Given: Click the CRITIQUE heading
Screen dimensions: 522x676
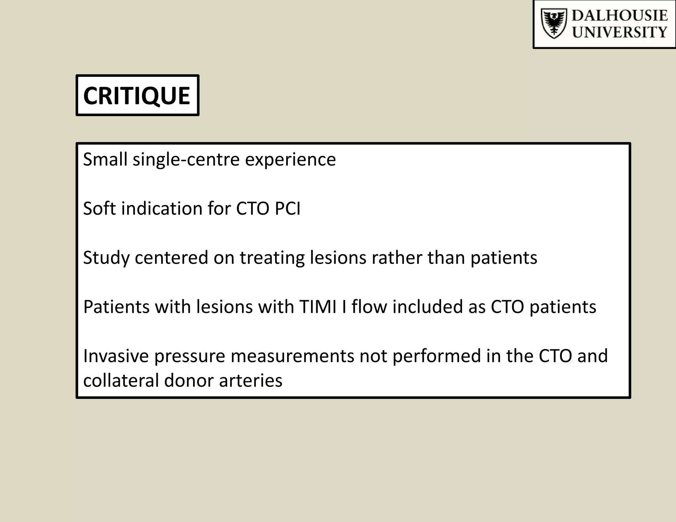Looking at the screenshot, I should click(137, 96).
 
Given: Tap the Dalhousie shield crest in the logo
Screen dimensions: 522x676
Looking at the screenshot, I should click(554, 24).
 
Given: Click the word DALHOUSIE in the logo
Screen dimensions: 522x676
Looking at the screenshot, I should click(619, 16).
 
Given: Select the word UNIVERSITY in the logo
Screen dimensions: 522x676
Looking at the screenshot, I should click(619, 32).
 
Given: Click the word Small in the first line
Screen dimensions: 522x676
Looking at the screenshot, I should click(105, 159).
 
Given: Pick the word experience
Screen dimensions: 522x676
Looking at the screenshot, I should click(290, 160).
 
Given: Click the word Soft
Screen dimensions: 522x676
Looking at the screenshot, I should click(99, 209).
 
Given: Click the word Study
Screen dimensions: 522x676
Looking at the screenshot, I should click(106, 258).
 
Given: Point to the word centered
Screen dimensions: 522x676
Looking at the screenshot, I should click(171, 258).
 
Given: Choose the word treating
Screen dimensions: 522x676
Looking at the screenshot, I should click(272, 258).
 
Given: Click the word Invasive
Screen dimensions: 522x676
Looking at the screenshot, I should click(116, 356).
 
